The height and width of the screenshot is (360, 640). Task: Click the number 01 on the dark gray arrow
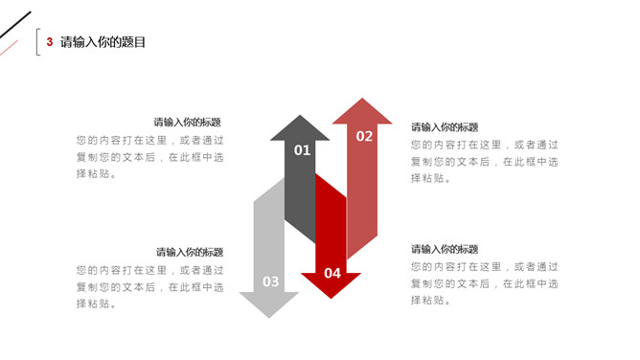tap(302, 150)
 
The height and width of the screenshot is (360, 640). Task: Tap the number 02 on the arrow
tap(364, 136)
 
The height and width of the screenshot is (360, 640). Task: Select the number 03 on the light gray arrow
tap(271, 281)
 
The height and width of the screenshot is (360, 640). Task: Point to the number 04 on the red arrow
tap(331, 273)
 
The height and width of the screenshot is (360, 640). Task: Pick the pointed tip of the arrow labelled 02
tap(362, 101)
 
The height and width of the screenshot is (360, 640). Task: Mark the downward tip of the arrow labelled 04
tap(331, 296)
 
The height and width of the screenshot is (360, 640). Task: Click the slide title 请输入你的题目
tap(103, 42)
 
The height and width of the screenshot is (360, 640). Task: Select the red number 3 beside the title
tap(50, 42)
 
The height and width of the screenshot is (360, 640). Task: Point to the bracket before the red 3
tap(37, 42)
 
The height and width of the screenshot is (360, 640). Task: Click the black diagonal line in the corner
tap(14, 28)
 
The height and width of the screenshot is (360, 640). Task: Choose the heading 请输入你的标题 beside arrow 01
tap(188, 123)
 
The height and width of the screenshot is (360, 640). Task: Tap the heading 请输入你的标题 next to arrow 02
tap(445, 127)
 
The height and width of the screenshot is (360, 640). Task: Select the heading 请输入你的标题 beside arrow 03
tap(190, 252)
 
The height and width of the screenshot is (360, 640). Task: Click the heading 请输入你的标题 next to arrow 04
tap(445, 249)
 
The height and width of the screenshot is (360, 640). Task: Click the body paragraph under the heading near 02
tap(485, 161)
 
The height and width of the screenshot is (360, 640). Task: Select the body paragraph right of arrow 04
tap(485, 283)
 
